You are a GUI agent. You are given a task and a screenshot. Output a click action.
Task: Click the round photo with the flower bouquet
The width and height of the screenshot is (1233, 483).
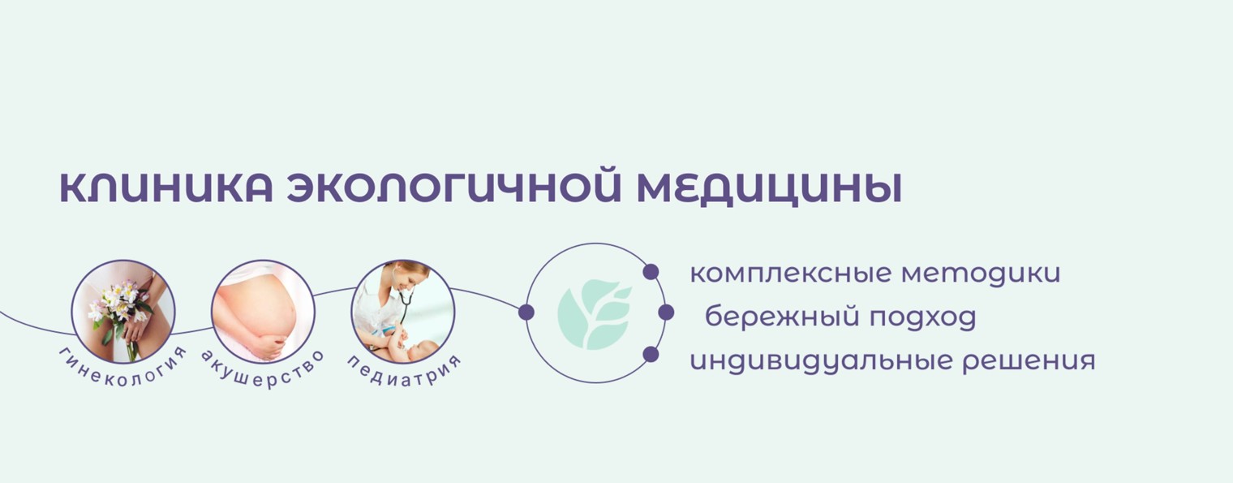coord(123,311)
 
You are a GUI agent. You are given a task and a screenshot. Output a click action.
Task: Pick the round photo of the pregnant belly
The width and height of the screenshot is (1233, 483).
coord(263,311)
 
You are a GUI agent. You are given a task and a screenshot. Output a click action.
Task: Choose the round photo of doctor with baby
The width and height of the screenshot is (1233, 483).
coord(403,311)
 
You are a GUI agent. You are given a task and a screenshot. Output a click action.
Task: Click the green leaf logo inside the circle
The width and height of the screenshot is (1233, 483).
coord(595,313)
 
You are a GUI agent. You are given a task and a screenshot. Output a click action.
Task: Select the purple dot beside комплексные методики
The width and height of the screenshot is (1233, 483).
coord(651,272)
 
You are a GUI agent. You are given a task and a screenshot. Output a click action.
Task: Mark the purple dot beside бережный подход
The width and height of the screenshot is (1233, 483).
coord(666,313)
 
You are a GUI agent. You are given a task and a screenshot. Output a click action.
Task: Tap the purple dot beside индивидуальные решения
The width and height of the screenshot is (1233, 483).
coord(651,354)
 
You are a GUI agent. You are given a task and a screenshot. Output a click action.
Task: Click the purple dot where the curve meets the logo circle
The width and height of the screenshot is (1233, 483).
coord(526,313)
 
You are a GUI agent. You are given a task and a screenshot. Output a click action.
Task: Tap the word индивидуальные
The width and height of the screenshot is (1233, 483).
coord(818,360)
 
